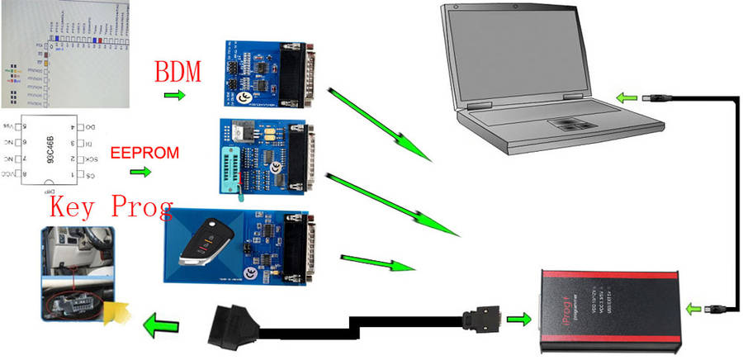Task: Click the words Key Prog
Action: pos(111,206)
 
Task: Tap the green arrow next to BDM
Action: pos(173,97)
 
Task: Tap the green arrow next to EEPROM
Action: pos(141,173)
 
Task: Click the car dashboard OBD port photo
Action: pos(75,273)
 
